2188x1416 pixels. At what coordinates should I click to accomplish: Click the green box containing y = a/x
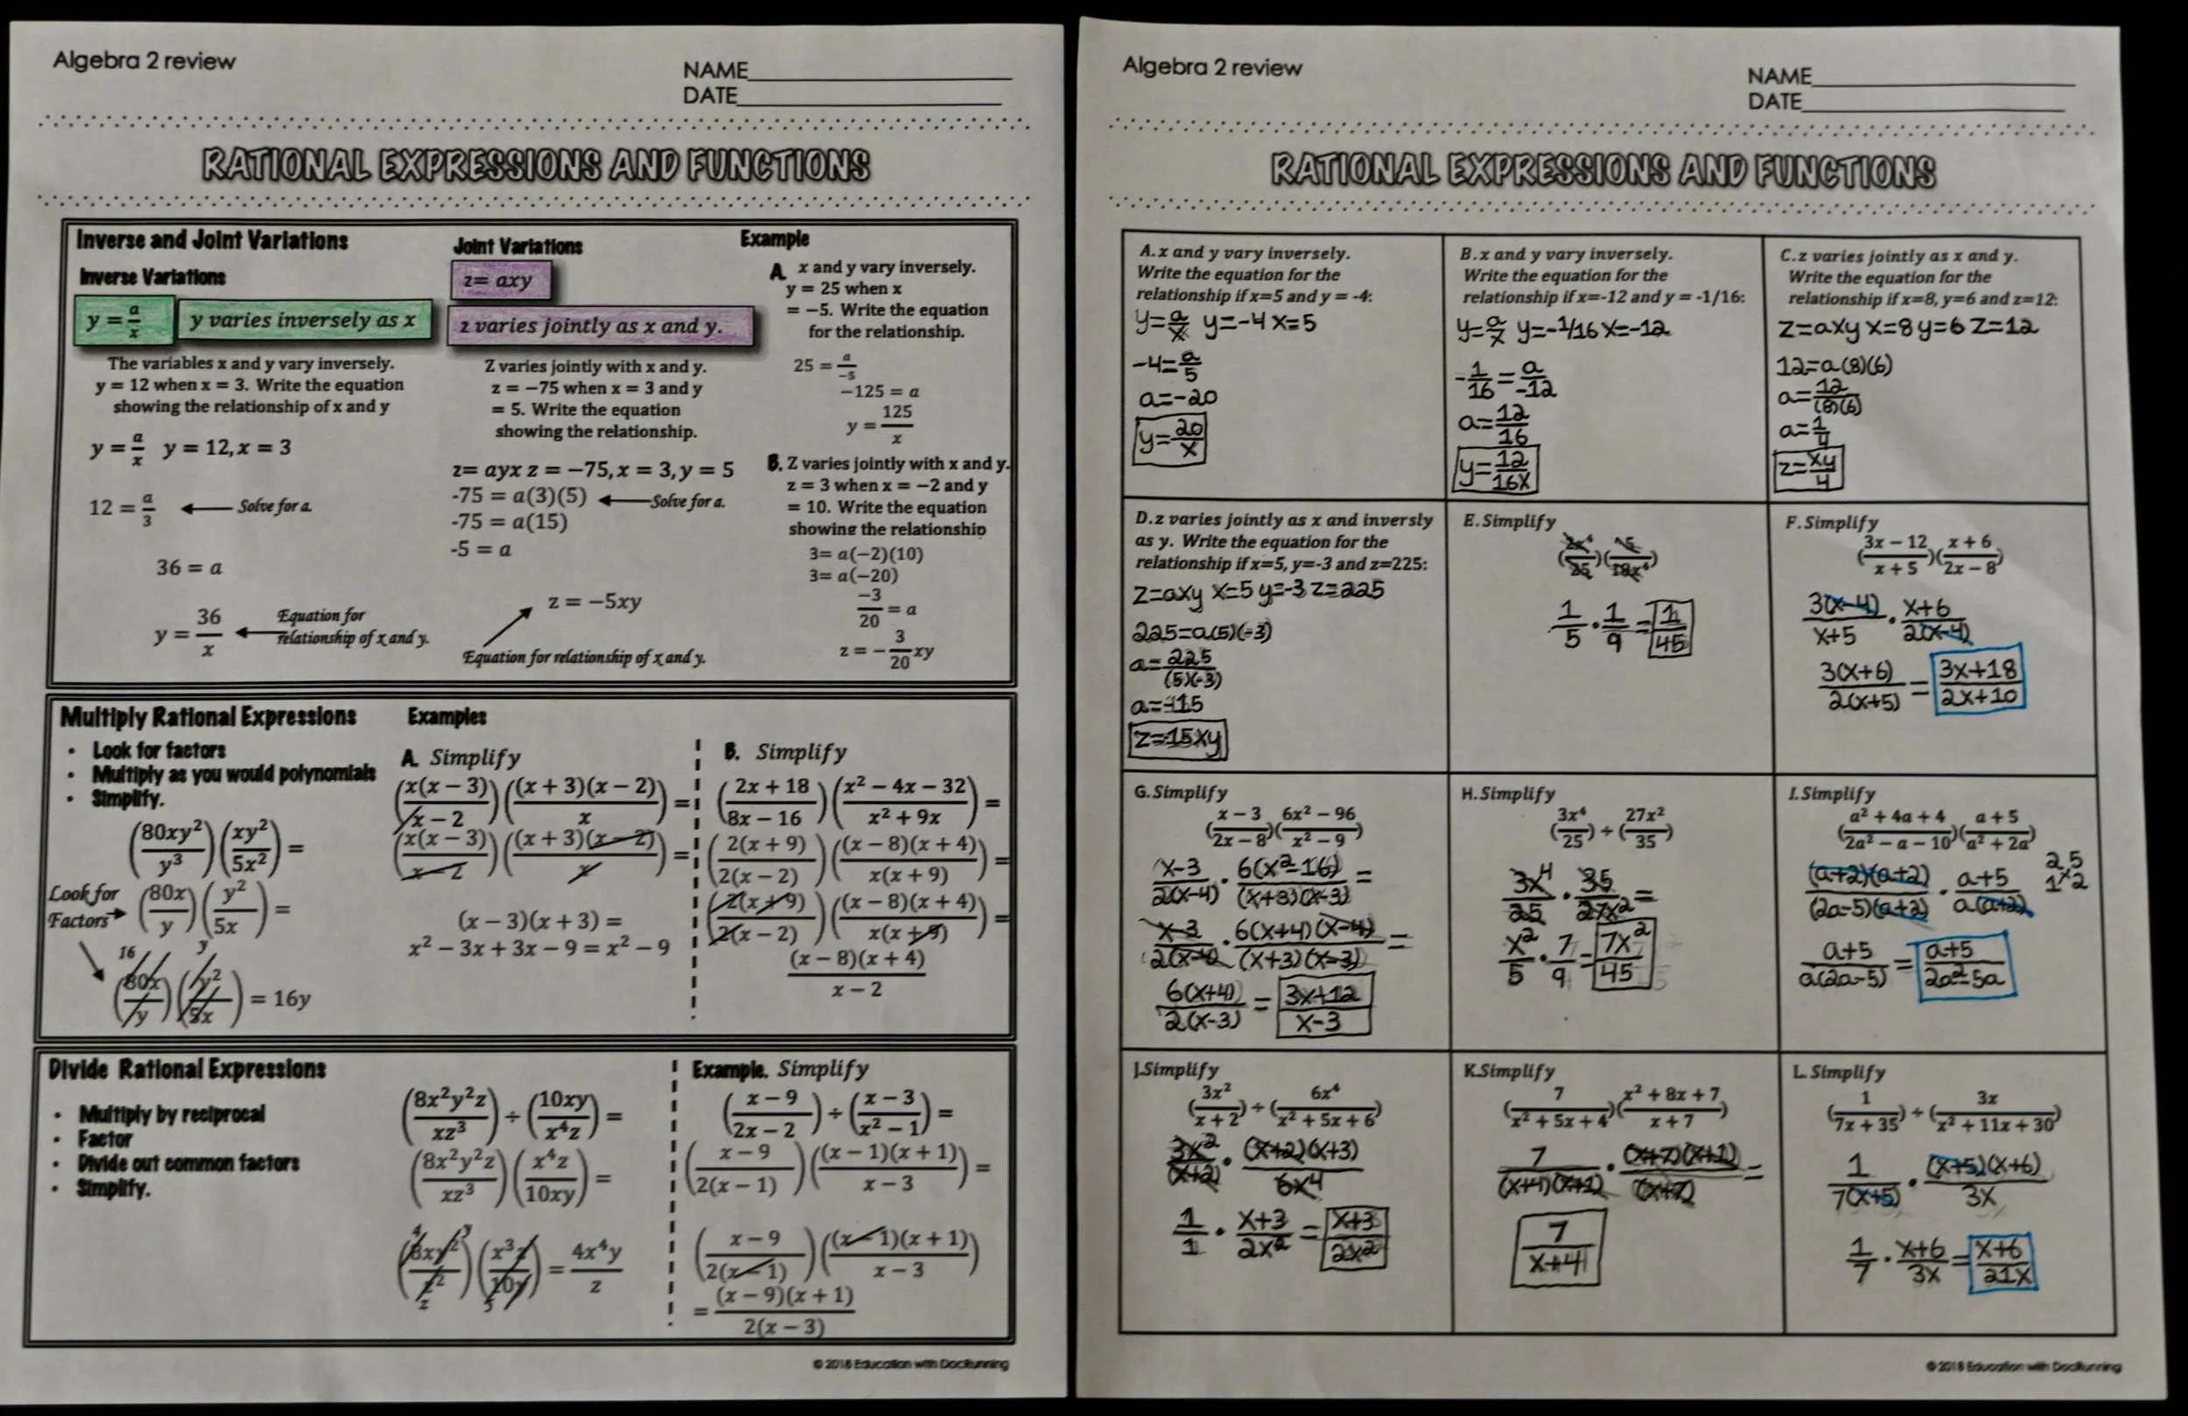[x=123, y=321]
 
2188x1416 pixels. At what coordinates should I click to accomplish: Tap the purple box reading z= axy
[x=500, y=280]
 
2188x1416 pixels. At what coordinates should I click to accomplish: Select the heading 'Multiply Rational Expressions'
[x=207, y=716]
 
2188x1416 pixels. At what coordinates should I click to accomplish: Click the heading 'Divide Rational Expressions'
[x=186, y=1069]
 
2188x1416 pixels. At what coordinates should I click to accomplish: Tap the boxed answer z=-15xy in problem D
[x=1178, y=740]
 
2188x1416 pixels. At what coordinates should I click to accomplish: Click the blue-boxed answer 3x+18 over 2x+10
[x=1981, y=683]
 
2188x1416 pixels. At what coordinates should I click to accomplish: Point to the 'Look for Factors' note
[x=84, y=906]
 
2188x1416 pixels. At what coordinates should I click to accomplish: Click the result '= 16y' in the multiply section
[x=280, y=998]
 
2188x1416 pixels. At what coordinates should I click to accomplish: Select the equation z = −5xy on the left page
[x=595, y=602]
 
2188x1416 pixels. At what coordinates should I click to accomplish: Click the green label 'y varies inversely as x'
[x=304, y=321]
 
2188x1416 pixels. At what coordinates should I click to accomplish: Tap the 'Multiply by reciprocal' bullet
[x=172, y=1114]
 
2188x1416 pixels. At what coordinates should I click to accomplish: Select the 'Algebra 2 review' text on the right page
[x=1211, y=67]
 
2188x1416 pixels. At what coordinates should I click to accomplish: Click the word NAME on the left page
[x=715, y=71]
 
